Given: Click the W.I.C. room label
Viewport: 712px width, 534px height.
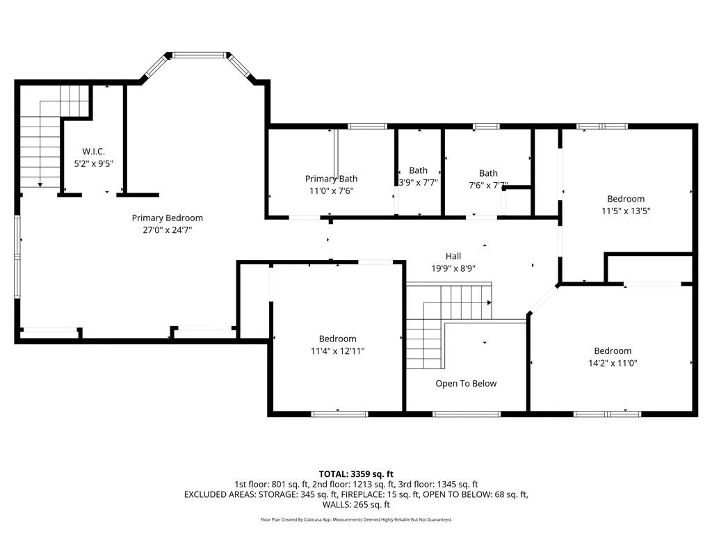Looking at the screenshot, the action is point(94,151).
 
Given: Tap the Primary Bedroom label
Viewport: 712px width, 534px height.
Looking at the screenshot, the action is point(167,218).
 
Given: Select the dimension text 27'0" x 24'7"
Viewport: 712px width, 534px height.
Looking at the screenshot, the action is point(167,229).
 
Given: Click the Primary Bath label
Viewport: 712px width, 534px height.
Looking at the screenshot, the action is point(331,179).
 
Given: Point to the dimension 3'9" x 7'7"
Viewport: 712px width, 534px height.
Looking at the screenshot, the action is point(418,183).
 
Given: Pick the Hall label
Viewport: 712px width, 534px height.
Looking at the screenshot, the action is point(453,256).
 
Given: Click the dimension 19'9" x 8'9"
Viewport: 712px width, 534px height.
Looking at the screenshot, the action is point(453,268).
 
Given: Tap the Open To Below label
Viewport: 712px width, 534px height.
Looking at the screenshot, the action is point(466,383).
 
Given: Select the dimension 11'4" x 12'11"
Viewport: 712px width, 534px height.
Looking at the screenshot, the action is point(337,350).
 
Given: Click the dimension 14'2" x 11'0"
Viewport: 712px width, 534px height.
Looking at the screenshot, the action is point(613,363).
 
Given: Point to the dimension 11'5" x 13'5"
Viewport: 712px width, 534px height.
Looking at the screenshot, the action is point(626,211).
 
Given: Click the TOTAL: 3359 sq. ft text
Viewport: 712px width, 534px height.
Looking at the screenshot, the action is point(356,474).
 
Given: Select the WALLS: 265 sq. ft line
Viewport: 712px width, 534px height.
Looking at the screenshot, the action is point(356,505).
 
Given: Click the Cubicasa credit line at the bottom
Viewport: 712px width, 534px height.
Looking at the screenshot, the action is point(356,519).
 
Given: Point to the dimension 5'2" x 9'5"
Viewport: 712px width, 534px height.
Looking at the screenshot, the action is point(94,163).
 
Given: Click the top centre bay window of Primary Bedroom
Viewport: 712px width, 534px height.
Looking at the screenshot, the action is point(199,55).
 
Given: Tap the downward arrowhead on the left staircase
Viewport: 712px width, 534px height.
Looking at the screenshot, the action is point(40,185).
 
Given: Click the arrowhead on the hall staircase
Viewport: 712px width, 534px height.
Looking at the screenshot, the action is point(489,302).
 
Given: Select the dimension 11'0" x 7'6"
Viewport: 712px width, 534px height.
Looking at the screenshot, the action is point(331,191).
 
